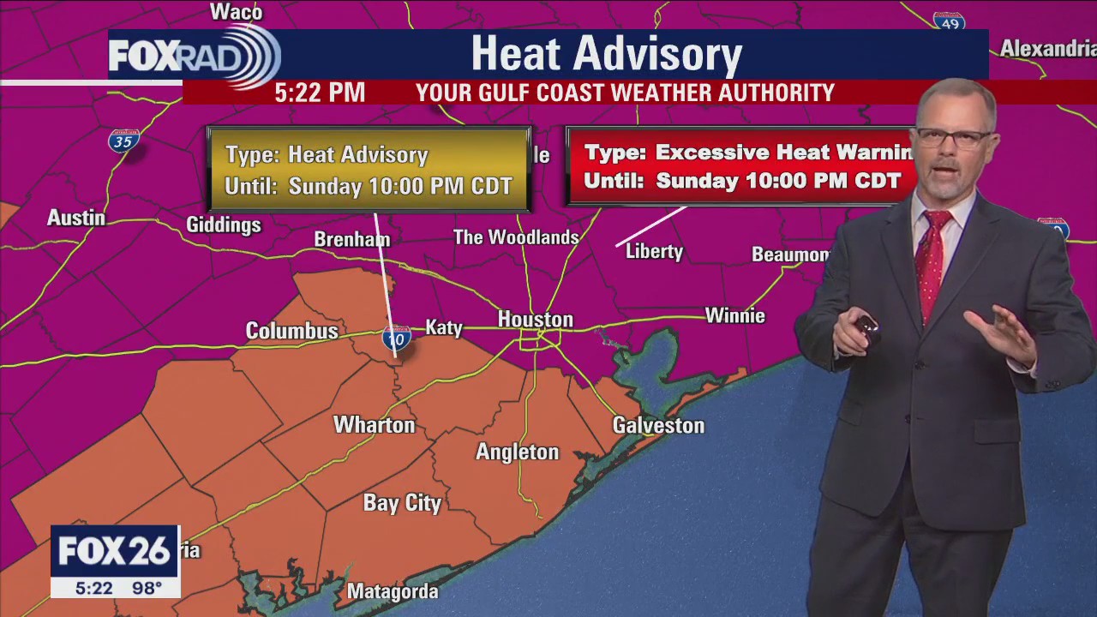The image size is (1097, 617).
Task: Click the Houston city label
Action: [x=536, y=320]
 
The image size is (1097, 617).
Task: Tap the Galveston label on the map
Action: [x=658, y=425]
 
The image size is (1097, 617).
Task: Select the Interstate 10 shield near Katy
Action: [x=396, y=338]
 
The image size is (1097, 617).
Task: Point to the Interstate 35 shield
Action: [x=124, y=141]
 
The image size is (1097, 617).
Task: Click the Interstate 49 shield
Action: [x=949, y=22]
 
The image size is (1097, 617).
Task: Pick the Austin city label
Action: [x=76, y=218]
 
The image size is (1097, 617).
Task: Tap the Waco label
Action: [x=236, y=12]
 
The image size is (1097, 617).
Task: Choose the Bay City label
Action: [x=402, y=503]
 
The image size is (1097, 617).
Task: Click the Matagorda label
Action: [x=393, y=591]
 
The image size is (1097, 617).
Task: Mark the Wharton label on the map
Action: [x=374, y=424]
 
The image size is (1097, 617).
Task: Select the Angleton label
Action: [x=517, y=452]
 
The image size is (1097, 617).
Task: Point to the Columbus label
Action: [x=291, y=330]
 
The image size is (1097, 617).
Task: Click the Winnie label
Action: [x=734, y=315]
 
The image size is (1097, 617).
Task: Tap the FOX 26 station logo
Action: [x=115, y=551]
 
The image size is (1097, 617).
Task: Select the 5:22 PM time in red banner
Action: [x=320, y=93]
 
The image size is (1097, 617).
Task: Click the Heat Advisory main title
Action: [x=606, y=53]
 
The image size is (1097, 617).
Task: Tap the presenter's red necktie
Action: [x=932, y=261]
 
